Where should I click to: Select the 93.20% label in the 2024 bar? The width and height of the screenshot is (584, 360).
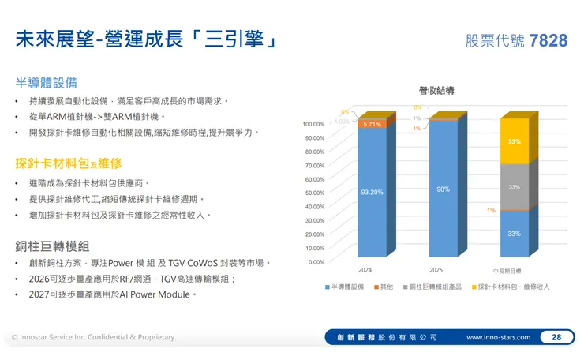point(372,192)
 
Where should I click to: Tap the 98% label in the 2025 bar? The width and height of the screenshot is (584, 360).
point(443,189)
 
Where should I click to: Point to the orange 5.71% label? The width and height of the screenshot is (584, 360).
point(372,125)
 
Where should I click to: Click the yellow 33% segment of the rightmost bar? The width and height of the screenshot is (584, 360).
point(514,141)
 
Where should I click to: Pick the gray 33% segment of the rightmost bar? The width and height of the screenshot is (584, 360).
point(514,187)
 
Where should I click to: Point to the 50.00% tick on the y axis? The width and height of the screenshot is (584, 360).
point(313,193)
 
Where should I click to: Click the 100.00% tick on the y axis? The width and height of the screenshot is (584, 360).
point(313,124)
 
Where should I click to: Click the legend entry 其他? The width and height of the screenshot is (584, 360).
point(386,287)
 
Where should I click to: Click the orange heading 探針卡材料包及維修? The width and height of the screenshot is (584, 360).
point(69,163)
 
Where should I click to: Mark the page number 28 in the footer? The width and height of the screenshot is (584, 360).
point(556,337)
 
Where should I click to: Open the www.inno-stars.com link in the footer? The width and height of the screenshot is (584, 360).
point(500,337)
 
